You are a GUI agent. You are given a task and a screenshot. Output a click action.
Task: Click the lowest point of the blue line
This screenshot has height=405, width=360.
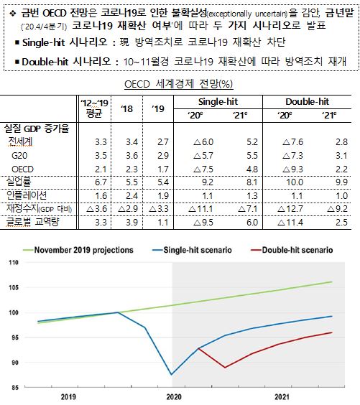171,374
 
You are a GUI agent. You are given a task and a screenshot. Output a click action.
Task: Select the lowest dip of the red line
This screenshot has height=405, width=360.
225,367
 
